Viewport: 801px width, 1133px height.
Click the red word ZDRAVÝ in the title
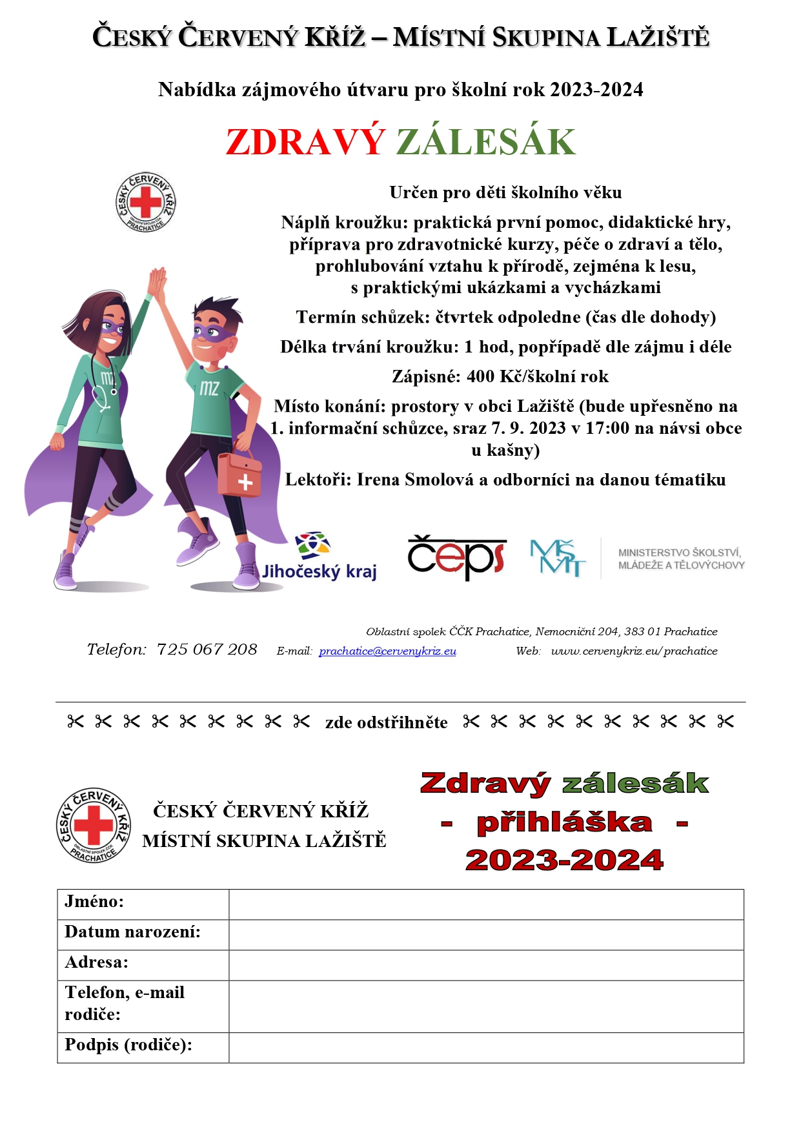pos(305,142)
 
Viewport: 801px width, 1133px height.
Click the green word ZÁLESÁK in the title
pos(485,142)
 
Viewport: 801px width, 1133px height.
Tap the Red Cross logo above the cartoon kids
pos(146,203)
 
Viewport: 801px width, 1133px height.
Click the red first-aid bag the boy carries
pos(239,474)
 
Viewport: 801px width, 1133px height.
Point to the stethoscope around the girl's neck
pos(103,387)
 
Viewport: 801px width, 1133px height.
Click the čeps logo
pos(456,557)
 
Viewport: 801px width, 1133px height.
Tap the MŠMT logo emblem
pos(558,558)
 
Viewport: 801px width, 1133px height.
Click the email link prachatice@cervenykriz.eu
pos(387,651)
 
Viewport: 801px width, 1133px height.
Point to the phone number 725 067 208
pos(207,649)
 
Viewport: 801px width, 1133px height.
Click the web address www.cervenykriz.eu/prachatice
pos(634,651)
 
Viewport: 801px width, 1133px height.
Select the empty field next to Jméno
pos(485,904)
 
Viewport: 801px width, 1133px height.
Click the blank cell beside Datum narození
pos(485,934)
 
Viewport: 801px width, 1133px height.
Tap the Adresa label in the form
pos(97,962)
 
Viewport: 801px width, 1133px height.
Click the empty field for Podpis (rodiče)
pos(485,1047)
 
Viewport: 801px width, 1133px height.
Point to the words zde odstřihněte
pos(386,722)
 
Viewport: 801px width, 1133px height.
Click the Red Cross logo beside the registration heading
pos(94,825)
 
